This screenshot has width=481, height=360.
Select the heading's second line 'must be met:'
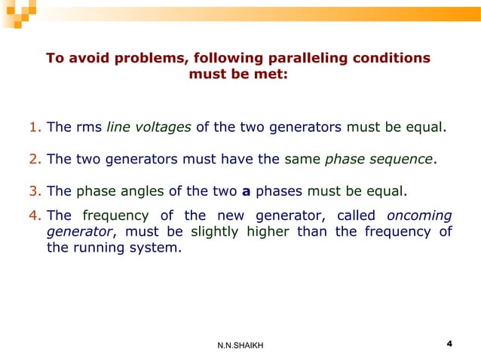point(237,75)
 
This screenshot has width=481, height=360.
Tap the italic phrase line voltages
point(149,127)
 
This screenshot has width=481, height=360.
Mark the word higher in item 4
point(268,231)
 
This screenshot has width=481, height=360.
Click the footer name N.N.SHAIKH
point(240,346)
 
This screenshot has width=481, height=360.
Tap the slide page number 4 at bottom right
point(449,344)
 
